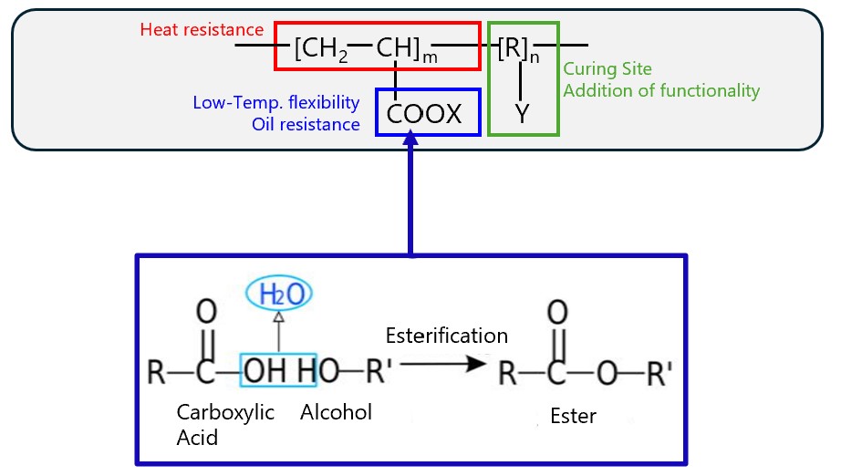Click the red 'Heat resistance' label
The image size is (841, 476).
click(x=202, y=30)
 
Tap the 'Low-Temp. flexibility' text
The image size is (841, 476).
click(x=276, y=101)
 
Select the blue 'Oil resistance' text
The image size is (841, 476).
click(x=306, y=124)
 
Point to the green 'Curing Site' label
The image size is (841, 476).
click(x=607, y=69)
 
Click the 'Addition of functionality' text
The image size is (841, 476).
click(x=661, y=90)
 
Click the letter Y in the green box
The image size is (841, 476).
click(x=522, y=115)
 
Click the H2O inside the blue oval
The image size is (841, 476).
click(x=280, y=294)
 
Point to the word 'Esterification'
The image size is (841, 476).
click(x=446, y=336)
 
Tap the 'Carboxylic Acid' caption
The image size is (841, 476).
click(x=224, y=424)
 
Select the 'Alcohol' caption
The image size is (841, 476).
click(x=336, y=412)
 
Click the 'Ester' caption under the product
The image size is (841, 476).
click(x=573, y=417)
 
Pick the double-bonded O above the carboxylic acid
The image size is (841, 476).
click(x=207, y=313)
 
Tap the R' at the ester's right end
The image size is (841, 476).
click(x=656, y=372)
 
